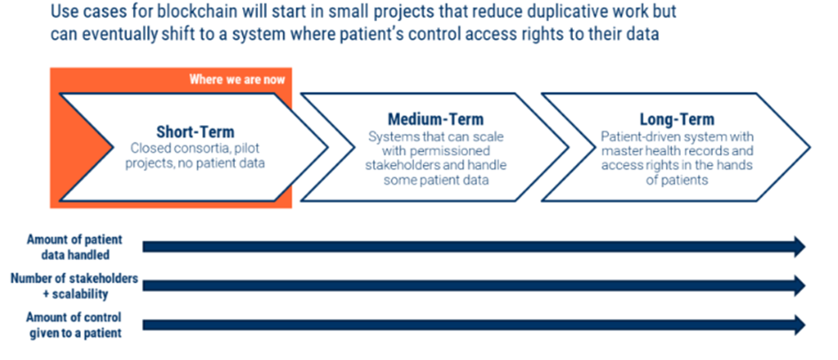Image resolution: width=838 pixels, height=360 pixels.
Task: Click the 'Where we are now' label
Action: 237,80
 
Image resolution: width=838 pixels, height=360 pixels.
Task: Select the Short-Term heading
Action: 195,131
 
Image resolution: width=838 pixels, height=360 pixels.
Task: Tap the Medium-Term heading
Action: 435,119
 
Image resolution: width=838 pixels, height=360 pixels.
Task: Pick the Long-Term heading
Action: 677,119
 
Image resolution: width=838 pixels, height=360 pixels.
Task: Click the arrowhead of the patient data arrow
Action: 800,247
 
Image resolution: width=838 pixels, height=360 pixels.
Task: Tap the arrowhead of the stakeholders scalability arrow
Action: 800,286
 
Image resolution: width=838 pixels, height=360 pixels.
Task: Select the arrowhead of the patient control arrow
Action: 800,325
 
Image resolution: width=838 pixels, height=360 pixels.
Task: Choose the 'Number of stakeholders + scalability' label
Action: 74,286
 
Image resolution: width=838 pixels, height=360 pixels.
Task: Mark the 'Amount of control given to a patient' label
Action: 74,325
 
